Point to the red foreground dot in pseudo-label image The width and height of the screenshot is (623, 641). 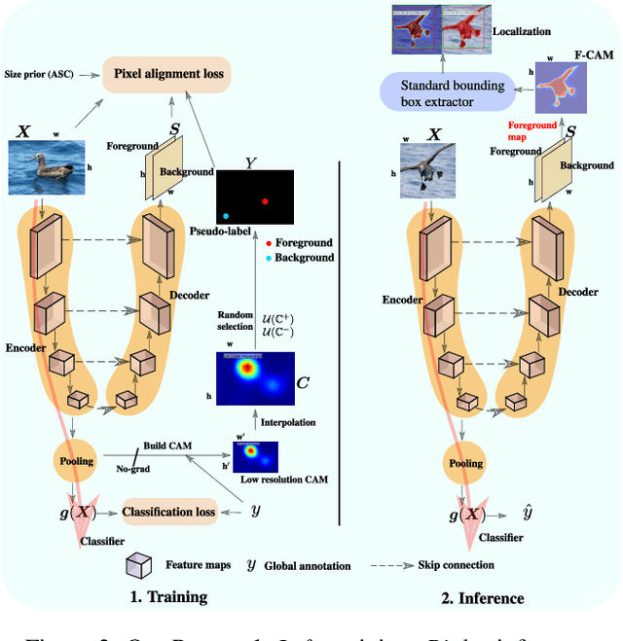(264, 201)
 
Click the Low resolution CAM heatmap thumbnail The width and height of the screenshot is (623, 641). (255, 456)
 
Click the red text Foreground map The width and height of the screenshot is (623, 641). (531, 131)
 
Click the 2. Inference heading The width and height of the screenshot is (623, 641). (484, 597)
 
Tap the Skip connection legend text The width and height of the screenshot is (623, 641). (456, 565)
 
